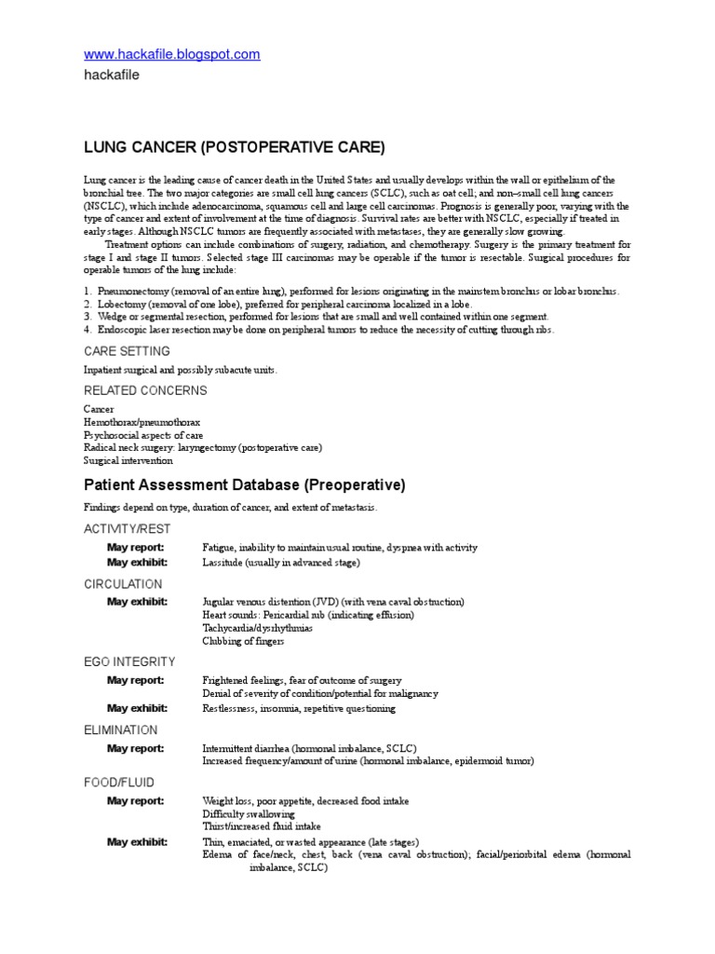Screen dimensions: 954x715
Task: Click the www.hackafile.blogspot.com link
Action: tap(172, 55)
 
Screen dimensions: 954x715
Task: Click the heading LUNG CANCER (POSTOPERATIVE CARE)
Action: tap(234, 147)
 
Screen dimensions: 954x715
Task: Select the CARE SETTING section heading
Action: tap(127, 351)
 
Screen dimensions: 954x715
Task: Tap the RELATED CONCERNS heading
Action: tap(145, 390)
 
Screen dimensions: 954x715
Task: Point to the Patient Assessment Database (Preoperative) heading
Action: tap(245, 485)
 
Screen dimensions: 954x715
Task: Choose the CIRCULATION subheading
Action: tap(123, 584)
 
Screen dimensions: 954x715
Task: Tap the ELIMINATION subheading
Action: tap(121, 729)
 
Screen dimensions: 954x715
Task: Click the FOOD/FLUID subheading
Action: tap(119, 783)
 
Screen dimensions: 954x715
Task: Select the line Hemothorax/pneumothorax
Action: tap(142, 422)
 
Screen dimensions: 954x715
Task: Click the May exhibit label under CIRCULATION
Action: tap(137, 602)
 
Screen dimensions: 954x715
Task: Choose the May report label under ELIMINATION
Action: tap(135, 748)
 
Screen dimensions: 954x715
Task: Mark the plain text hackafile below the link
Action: tap(112, 75)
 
